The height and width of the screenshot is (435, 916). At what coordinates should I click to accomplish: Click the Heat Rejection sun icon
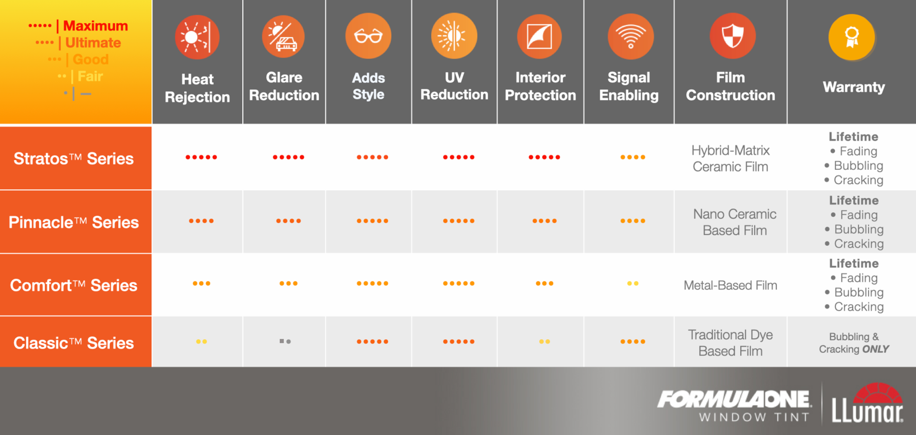coord(197,37)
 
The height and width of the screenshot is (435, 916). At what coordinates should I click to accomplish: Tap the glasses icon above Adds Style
coord(368,36)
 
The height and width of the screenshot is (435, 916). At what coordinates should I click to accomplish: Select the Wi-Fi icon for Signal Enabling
coord(630,36)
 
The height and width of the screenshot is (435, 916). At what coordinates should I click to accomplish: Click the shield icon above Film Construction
coord(732,36)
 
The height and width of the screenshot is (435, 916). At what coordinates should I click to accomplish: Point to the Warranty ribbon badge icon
coord(852,37)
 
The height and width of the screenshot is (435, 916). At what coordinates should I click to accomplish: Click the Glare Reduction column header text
coord(284,86)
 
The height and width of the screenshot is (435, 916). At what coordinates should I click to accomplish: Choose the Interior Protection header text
coord(541,86)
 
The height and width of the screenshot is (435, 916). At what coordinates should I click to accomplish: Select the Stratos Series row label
coord(73,158)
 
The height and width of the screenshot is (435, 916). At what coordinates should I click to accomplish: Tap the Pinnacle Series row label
coord(73,222)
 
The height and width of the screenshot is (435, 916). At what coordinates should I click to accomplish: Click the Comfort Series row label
coord(73,285)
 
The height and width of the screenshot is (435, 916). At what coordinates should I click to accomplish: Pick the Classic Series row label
coord(73,343)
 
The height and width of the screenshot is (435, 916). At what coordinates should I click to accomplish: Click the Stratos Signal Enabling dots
coord(633,157)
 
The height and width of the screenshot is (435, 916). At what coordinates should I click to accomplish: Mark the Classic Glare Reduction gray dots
coord(285,341)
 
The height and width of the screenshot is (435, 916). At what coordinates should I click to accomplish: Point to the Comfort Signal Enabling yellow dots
coord(633,283)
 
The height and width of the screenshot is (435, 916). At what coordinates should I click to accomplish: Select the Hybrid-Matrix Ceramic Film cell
coord(730,158)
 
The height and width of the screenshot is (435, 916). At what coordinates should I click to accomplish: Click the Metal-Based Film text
coord(730,285)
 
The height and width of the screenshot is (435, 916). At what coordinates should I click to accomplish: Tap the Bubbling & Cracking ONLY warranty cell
coord(854,343)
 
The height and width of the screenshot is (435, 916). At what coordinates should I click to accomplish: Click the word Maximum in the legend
coord(95,26)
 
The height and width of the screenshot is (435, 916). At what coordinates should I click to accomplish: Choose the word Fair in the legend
coord(90,76)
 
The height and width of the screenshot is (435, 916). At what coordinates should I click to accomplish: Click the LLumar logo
coord(867,403)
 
